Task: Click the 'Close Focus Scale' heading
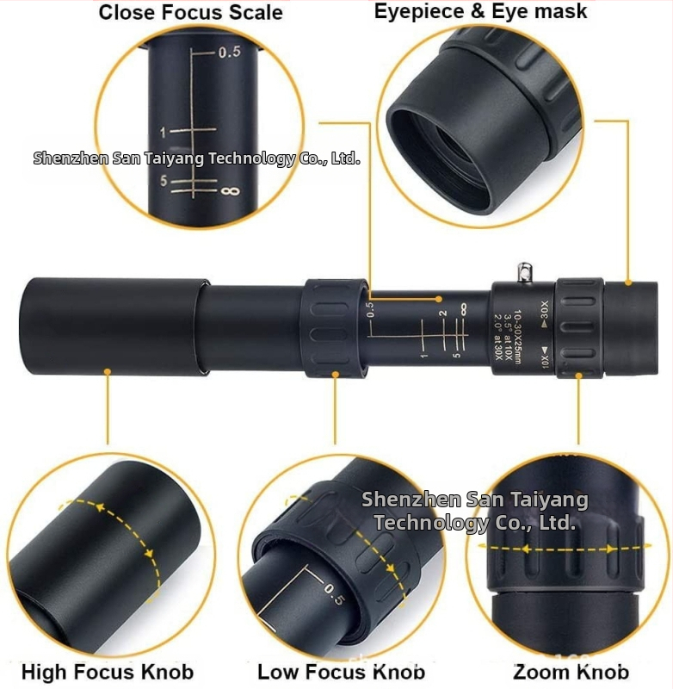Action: [190, 12]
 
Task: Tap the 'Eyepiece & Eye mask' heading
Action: [480, 11]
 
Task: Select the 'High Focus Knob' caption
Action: [108, 672]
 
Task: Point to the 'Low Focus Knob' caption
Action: [341, 672]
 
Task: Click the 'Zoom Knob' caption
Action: [571, 672]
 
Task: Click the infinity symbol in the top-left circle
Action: [230, 189]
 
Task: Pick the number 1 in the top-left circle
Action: [162, 132]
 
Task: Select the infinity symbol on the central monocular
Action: [463, 307]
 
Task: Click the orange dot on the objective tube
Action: [108, 372]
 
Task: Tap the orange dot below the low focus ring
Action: [335, 375]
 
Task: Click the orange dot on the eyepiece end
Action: [629, 282]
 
